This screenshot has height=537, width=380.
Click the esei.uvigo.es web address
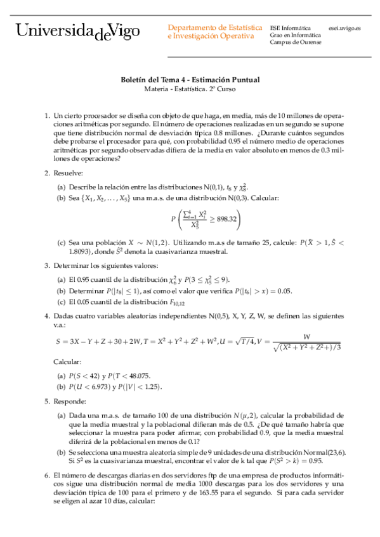click(345, 28)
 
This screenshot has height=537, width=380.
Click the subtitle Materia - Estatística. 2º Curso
click(190, 90)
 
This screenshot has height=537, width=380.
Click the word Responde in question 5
click(70, 401)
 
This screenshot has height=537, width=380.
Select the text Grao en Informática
click(293, 35)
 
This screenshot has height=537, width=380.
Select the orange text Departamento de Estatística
click(215, 28)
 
